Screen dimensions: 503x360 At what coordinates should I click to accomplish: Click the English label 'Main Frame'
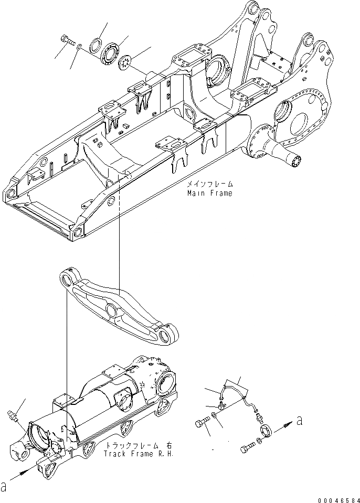209,193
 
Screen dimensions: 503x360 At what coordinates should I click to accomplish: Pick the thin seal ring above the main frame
96,44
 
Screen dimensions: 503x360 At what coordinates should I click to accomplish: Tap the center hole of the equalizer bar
114,311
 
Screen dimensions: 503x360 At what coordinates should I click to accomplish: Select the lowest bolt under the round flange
249,449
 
